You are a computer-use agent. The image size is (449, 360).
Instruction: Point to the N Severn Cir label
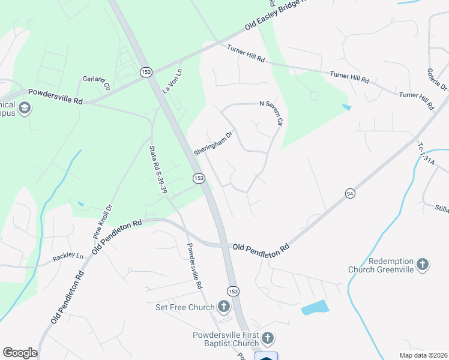pyautogui.click(x=270, y=112)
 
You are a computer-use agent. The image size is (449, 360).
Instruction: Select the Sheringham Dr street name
pyautogui.click(x=212, y=144)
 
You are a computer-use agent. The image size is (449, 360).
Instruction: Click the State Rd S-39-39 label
pyautogui.click(x=157, y=168)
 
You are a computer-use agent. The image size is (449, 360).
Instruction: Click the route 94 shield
pyautogui.click(x=350, y=193)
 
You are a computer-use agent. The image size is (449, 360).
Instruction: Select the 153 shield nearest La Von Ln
pyautogui.click(x=146, y=71)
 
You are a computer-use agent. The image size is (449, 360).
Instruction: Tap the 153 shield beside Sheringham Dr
pyautogui.click(x=199, y=178)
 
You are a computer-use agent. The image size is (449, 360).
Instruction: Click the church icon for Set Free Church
pyautogui.click(x=223, y=308)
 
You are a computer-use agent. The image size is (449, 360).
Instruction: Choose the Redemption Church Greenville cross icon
pyautogui.click(x=423, y=265)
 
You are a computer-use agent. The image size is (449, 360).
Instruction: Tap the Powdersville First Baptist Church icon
pyautogui.click(x=267, y=339)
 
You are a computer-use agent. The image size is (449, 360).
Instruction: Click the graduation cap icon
pyautogui.click(x=25, y=108)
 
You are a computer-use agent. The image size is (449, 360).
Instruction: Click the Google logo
pyautogui.click(x=20, y=353)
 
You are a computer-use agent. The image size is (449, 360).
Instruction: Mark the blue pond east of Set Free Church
pyautogui.click(x=315, y=308)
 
